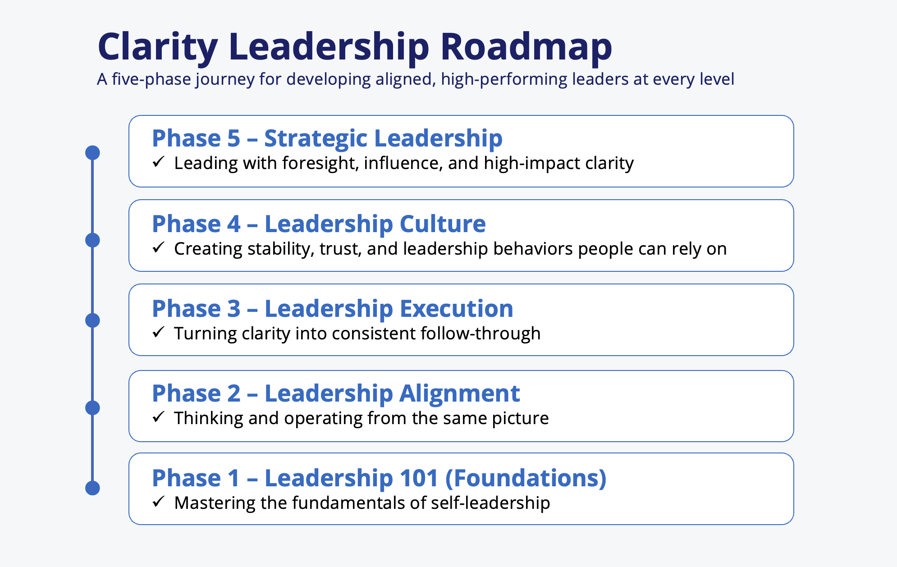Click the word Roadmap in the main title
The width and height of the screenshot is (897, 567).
(526, 47)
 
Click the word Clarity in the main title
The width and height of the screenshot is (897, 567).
(158, 47)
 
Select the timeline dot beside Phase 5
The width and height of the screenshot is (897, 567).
(92, 153)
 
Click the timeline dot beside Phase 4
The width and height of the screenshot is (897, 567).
(92, 240)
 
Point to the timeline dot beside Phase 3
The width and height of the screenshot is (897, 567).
(92, 320)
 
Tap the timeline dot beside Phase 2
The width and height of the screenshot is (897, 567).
(92, 408)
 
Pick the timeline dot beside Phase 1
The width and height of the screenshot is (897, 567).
(92, 488)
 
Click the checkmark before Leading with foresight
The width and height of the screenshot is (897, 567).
(158, 162)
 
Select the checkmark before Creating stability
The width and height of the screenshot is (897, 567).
(158, 247)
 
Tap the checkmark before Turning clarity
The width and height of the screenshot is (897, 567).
(158, 332)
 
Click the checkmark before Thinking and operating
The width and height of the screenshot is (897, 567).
(158, 417)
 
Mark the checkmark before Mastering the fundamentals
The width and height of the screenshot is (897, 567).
(158, 502)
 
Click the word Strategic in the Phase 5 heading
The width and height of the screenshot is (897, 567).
(316, 139)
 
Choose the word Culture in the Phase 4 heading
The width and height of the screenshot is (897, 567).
(443, 224)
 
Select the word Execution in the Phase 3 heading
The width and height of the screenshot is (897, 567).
(457, 309)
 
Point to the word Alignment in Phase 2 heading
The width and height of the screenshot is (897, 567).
(460, 394)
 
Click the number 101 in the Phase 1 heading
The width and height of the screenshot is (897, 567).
(419, 478)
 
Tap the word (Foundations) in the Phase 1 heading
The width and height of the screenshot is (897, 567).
(526, 479)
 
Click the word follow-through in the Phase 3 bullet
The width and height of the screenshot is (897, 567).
(481, 334)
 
